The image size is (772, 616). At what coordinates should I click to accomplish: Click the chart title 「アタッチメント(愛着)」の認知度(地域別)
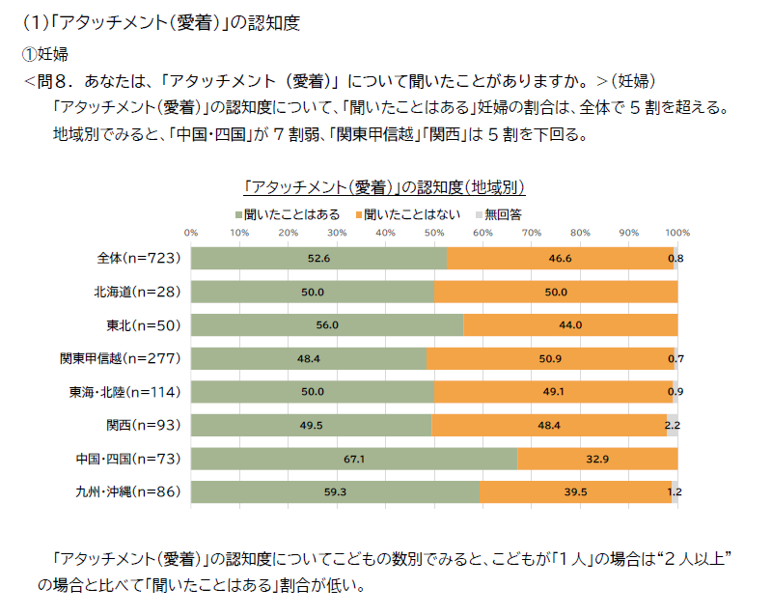[x=385, y=185]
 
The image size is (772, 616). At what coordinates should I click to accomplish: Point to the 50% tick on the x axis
[x=434, y=233]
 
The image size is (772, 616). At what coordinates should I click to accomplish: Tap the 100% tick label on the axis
[x=677, y=233]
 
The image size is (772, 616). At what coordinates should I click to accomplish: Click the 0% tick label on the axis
[x=191, y=233]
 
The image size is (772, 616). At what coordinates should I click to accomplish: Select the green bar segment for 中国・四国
[x=353, y=459]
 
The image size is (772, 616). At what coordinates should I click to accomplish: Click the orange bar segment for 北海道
[x=556, y=292]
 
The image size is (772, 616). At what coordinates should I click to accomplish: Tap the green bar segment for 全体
[x=318, y=258]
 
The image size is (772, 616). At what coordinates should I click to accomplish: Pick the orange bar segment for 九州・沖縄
[x=575, y=492]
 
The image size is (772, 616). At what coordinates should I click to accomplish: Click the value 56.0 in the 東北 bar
[x=327, y=325]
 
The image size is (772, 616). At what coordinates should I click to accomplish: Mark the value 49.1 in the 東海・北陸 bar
[x=552, y=392]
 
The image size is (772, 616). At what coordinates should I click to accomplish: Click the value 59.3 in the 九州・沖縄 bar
[x=335, y=492]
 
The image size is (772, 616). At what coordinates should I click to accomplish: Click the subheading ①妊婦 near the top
[x=44, y=54]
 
